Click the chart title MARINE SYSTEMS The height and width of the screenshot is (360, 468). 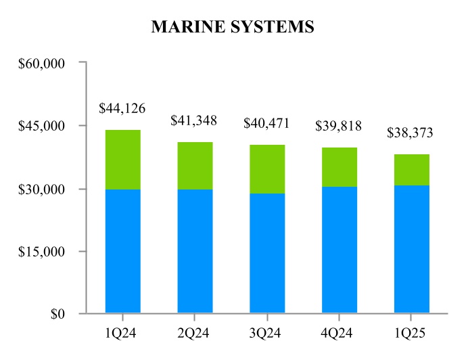pyautogui.click(x=233, y=27)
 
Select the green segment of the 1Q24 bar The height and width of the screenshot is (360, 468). pyautogui.click(x=122, y=160)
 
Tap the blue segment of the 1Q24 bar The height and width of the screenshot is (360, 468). pyautogui.click(x=122, y=251)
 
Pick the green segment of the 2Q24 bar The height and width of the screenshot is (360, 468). pyautogui.click(x=195, y=166)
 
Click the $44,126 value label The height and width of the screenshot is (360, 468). pyautogui.click(x=122, y=108)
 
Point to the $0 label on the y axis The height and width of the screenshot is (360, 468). pyautogui.click(x=55, y=315)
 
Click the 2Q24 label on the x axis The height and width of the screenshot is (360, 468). pyautogui.click(x=195, y=333)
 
